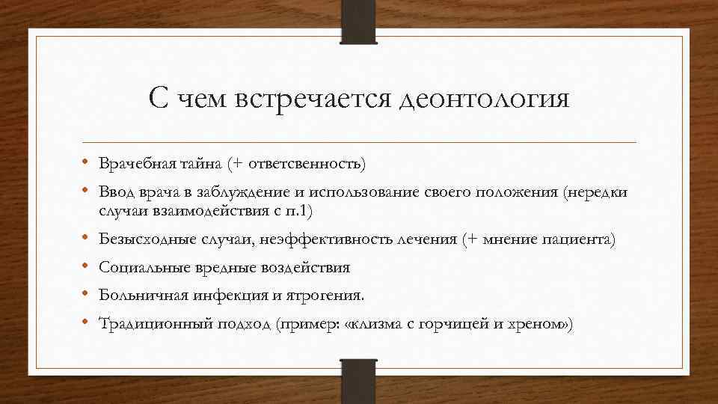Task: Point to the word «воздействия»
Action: coord(307,267)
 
